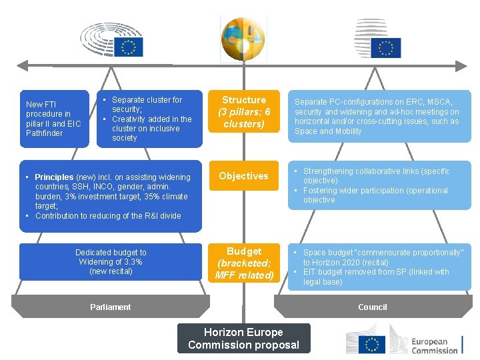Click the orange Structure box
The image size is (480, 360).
[x=243, y=111]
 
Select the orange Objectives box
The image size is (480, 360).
[x=243, y=176]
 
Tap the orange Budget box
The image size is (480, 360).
[x=244, y=263]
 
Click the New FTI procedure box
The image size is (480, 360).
[x=53, y=119]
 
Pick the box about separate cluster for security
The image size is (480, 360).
[x=149, y=119]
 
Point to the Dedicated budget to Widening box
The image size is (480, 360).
[x=111, y=261]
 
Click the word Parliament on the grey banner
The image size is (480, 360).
[x=111, y=307]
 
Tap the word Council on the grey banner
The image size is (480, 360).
[x=372, y=307]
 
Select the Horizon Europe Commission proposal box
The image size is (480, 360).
[x=243, y=339]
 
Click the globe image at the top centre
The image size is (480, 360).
[x=243, y=39]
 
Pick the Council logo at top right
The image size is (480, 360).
[x=377, y=39]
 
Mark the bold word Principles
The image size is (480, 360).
[x=54, y=177]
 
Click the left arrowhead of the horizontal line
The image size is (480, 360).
[x=20, y=65]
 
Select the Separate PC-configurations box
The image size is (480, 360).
[x=379, y=117]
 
